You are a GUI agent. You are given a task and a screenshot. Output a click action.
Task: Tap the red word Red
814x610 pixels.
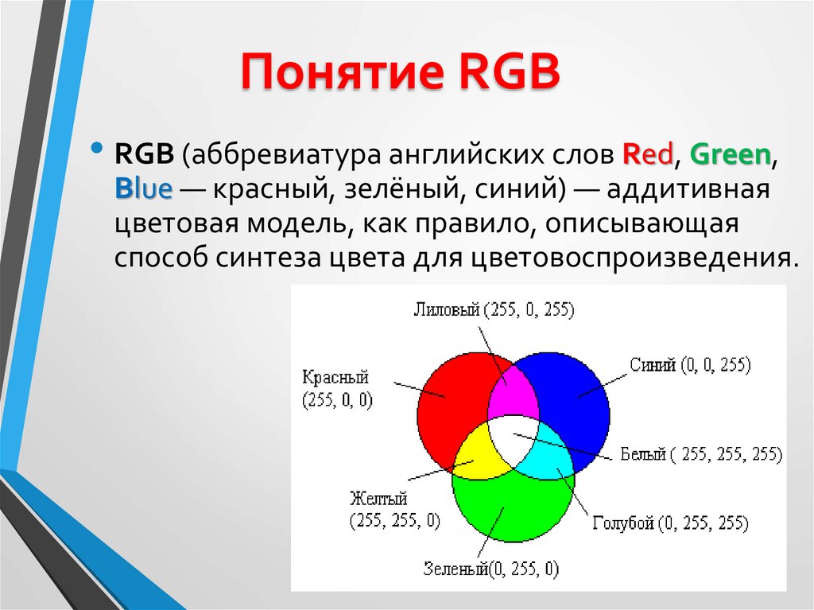(647, 153)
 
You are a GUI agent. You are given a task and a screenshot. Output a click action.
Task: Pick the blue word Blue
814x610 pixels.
(143, 188)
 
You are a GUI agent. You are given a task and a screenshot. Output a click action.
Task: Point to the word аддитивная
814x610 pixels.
(688, 188)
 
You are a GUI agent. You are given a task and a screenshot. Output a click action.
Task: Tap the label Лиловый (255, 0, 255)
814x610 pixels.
(494, 309)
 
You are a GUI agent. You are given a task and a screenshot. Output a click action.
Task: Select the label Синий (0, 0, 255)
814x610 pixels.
(691, 365)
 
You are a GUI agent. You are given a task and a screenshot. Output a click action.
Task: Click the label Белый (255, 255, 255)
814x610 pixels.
(701, 454)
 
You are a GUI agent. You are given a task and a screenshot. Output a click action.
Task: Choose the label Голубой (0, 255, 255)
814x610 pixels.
(670, 523)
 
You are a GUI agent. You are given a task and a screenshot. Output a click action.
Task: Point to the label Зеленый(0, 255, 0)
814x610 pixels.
(491, 569)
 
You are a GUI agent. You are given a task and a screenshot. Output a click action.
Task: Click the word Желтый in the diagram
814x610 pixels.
(378, 499)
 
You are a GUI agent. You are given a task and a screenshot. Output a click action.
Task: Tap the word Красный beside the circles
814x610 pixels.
(335, 377)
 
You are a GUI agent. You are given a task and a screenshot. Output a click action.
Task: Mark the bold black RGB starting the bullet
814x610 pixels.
(145, 153)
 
